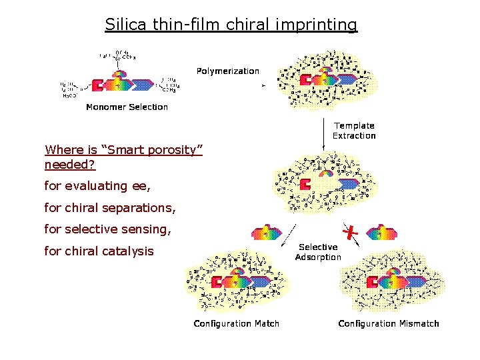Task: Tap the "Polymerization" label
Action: [x=227, y=71]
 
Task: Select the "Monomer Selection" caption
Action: [x=127, y=107]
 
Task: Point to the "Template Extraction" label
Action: [x=354, y=131]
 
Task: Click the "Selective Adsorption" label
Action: [x=318, y=252]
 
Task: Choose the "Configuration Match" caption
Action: [x=236, y=323]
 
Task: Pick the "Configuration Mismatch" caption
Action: [x=389, y=323]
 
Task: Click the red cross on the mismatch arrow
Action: [x=349, y=231]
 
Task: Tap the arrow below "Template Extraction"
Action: [x=323, y=133]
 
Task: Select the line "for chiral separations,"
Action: [x=110, y=208]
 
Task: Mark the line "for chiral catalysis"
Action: [x=99, y=251]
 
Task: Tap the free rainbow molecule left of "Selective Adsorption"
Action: [x=266, y=233]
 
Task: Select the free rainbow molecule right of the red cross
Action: [x=381, y=232]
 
